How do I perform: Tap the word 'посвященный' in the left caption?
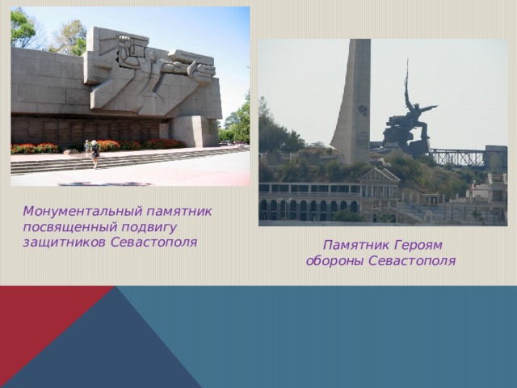tap(61, 226)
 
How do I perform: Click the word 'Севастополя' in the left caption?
tap(153, 242)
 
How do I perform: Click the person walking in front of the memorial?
tap(95, 153)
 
